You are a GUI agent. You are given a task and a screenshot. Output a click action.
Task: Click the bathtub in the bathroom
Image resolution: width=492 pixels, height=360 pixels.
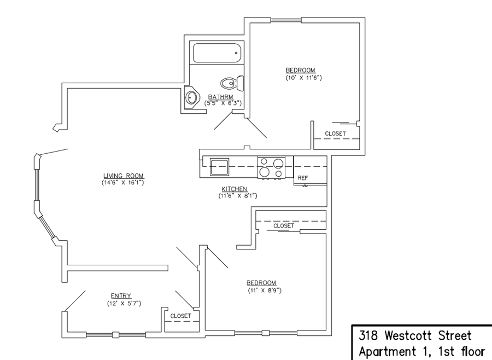pyautogui.click(x=217, y=53)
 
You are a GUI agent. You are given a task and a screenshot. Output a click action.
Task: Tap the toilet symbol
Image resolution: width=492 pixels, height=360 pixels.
pyautogui.click(x=231, y=84)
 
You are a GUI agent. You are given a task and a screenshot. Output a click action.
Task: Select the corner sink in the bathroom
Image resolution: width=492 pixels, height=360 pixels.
pyautogui.click(x=191, y=98)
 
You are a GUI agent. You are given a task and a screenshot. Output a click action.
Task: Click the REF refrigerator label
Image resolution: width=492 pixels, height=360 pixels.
pyautogui.click(x=302, y=178)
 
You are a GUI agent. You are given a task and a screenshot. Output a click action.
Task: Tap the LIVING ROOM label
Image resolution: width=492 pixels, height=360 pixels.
pyautogui.click(x=124, y=176)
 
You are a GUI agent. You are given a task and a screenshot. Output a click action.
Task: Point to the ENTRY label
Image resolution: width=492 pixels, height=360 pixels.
pyautogui.click(x=121, y=296)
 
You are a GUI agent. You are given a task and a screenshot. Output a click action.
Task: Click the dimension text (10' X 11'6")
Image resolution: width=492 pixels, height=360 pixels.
pyautogui.click(x=303, y=77)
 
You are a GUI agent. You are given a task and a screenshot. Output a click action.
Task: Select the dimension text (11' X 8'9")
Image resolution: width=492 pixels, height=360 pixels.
pyautogui.click(x=265, y=290)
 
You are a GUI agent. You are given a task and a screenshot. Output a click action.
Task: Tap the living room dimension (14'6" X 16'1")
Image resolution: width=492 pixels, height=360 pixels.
pyautogui.click(x=124, y=182)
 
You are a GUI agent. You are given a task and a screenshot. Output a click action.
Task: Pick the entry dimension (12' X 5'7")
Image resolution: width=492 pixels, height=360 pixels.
pyautogui.click(x=124, y=303)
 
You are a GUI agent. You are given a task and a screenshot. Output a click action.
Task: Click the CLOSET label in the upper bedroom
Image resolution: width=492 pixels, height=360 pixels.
pyautogui.click(x=335, y=133)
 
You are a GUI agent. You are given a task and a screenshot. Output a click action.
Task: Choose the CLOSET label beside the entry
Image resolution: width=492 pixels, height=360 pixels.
pyautogui.click(x=180, y=316)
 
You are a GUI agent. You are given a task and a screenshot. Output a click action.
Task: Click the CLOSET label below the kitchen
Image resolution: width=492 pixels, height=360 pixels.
pyautogui.click(x=284, y=225)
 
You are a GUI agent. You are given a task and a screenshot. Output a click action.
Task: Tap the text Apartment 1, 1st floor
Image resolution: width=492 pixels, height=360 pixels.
pyautogui.click(x=421, y=350)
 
